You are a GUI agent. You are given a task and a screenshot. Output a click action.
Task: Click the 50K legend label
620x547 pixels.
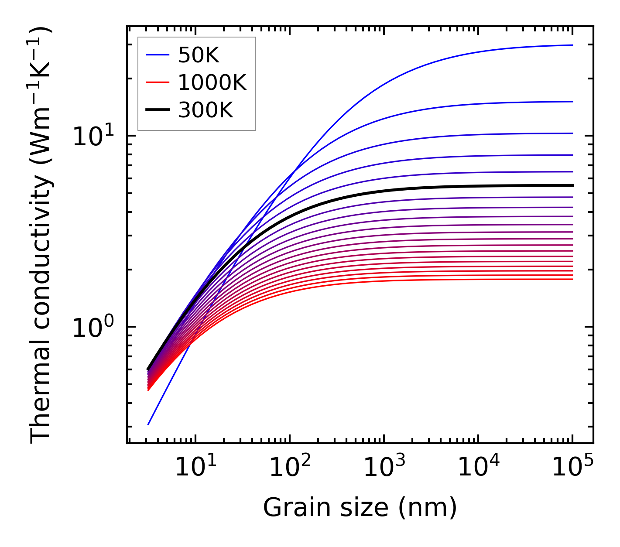pos(199,55)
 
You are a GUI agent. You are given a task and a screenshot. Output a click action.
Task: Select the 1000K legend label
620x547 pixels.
pos(212,82)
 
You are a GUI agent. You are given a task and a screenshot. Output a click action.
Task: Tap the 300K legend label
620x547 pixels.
pos(206,110)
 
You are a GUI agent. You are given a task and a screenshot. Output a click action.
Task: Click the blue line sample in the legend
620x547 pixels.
pos(157,55)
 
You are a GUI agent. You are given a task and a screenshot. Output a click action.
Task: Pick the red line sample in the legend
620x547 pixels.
pos(157,82)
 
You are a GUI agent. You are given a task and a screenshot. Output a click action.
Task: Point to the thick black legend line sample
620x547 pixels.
pos(157,110)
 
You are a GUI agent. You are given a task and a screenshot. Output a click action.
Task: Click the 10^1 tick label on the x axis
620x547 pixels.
pos(195,468)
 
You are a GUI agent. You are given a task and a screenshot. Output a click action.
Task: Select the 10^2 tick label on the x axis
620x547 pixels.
pos(289,468)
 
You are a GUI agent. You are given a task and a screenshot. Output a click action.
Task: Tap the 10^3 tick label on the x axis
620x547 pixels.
pos(384,468)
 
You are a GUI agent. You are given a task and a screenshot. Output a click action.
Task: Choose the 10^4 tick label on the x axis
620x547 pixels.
pos(478,468)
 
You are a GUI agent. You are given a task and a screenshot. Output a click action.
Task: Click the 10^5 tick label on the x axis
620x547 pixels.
pos(572,468)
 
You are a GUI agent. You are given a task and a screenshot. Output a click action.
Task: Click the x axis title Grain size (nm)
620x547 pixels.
pos(360,508)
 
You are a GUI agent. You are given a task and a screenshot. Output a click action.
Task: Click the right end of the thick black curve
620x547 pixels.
pos(572,185)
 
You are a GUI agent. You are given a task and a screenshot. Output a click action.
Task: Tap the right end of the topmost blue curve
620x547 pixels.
pos(572,45)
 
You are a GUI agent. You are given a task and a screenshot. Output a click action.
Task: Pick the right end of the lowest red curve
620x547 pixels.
pos(572,279)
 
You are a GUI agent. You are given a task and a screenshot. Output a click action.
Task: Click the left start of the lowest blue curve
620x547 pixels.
pos(148,424)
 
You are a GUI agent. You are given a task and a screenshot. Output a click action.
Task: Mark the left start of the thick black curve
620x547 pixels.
pos(148,369)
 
